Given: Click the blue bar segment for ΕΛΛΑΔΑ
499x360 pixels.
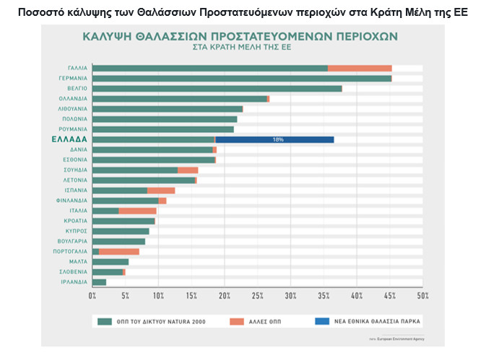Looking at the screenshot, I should (274, 139).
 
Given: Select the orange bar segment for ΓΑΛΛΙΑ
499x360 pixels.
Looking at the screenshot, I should (360, 69).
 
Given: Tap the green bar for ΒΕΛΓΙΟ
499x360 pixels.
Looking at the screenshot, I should (217, 89).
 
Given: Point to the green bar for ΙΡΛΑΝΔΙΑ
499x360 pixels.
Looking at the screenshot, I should (100, 282).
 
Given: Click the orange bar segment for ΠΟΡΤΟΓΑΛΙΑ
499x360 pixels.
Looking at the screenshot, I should (119, 252).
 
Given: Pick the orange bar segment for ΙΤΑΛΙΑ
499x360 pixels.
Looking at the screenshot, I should (137, 211).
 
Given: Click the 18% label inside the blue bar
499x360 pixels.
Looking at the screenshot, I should (278, 139).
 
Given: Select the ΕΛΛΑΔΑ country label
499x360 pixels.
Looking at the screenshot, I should (69, 139).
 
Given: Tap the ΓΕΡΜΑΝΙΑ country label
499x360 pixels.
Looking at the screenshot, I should (73, 78).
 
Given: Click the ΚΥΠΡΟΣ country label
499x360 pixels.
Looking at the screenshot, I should (76, 232).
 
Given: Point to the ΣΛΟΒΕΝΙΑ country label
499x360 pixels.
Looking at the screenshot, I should (74, 272).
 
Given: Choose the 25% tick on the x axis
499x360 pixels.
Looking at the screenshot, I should (258, 296).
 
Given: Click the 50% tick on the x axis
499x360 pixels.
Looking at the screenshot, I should (423, 296).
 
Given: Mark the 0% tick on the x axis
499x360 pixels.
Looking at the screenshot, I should (92, 296).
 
